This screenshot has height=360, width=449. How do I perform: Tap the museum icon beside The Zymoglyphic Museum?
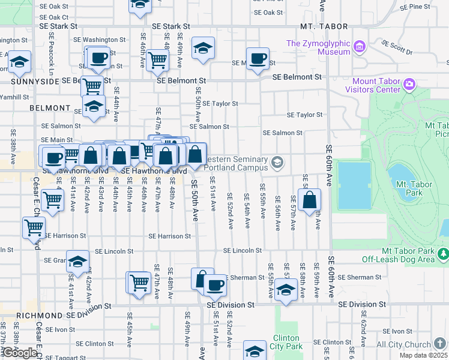pos(360,46)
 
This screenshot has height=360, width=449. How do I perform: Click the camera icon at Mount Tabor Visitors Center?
pos(410,83)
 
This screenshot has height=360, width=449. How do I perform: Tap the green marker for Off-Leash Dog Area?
pos(443,255)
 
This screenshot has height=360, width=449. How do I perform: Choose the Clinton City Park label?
pos(286,342)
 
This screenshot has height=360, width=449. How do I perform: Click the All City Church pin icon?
pos(441,343)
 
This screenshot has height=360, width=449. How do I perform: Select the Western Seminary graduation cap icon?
pos(277,161)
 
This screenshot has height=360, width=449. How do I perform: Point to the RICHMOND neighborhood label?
pos(39,315)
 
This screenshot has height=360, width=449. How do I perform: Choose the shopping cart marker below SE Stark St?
pos(157,59)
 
